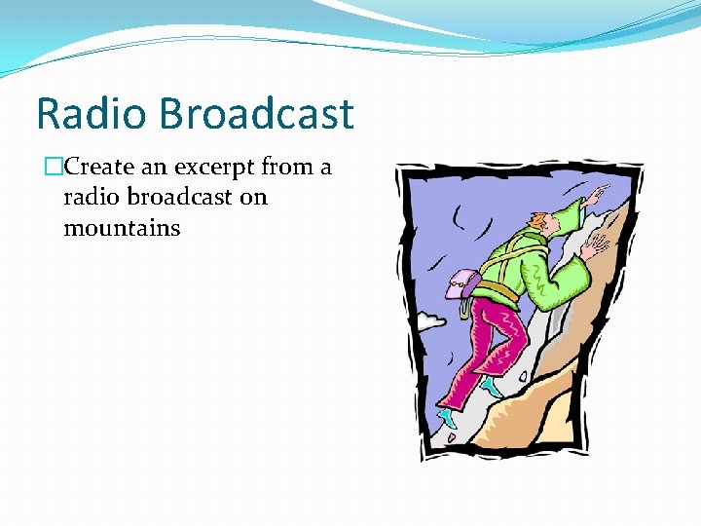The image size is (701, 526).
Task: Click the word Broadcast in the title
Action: (x=257, y=114)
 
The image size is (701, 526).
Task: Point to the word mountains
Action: (x=122, y=229)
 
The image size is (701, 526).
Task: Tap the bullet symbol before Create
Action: (x=53, y=168)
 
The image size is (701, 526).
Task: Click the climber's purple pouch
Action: (x=461, y=284)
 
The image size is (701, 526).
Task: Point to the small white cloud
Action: (x=429, y=319)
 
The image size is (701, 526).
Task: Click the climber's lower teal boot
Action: (x=448, y=418)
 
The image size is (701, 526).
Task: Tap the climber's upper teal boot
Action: (x=493, y=388)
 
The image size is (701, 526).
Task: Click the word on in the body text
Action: (x=253, y=198)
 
